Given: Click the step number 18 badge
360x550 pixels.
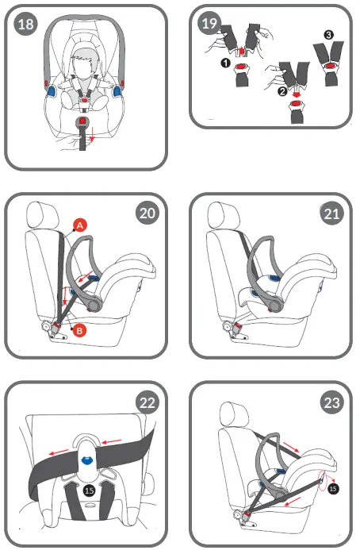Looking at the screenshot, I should coord(26,24).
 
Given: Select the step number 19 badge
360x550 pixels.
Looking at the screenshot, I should coord(209,24).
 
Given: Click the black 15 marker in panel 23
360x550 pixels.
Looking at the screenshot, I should coord(333,489).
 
